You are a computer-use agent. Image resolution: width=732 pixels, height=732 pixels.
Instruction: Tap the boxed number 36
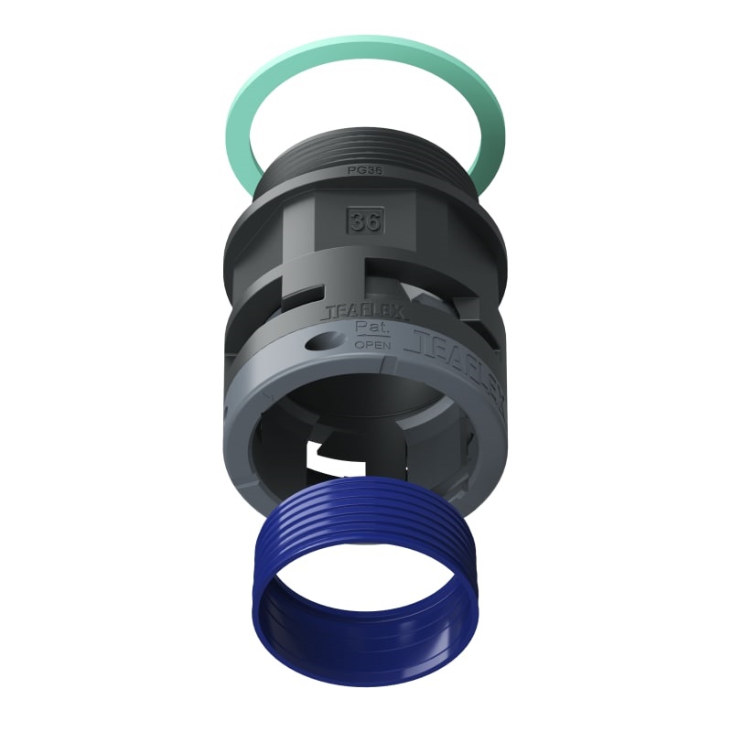[364, 221]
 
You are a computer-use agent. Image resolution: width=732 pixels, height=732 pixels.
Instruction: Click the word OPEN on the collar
[371, 345]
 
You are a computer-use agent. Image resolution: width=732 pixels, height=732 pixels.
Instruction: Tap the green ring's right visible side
[490, 137]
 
